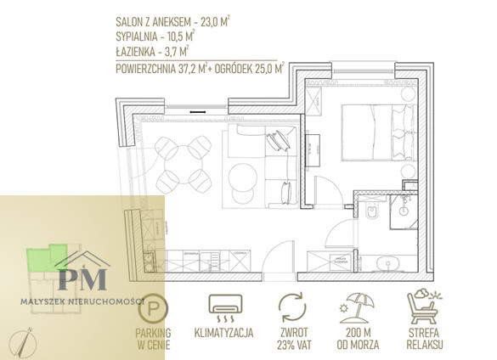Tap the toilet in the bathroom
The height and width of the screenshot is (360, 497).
click(x=372, y=211)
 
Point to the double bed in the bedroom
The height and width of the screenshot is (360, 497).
click(x=379, y=132)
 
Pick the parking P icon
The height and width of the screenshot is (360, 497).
click(x=153, y=307)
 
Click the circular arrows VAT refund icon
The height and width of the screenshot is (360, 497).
click(x=292, y=307)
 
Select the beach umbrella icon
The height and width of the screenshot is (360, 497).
click(x=357, y=308)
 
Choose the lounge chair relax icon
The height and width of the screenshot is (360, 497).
click(x=424, y=307)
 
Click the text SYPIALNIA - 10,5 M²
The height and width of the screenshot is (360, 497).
click(x=155, y=37)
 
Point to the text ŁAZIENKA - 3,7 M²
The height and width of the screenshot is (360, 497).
click(x=152, y=51)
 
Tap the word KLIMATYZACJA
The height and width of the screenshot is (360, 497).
click(x=223, y=333)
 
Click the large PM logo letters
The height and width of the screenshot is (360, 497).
click(x=82, y=278)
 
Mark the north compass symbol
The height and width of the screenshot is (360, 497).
click(x=22, y=342)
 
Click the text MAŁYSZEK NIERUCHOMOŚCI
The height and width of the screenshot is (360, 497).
click(x=82, y=301)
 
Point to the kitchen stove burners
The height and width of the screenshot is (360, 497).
click(x=149, y=262)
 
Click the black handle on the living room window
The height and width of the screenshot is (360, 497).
click(x=198, y=112)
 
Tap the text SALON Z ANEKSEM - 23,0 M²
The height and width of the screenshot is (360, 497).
click(x=172, y=22)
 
